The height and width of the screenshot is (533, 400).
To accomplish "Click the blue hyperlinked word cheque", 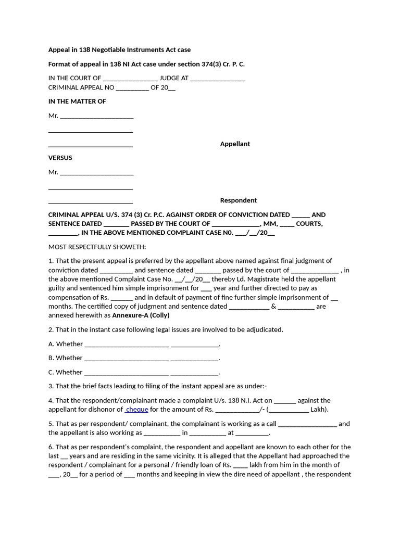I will click(137, 410).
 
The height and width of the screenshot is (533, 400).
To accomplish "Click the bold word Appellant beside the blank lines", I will click(235, 144).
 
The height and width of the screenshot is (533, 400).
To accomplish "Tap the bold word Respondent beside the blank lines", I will click(238, 200).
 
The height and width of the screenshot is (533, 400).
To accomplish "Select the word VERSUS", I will click(60, 158).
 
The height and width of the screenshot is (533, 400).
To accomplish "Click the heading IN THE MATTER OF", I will click(77, 101).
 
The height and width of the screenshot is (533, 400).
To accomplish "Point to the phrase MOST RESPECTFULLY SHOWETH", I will click(97, 247).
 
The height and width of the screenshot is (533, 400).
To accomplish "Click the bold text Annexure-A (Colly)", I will click(141, 315).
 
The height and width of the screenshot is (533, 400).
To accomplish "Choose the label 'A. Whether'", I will click(66, 344).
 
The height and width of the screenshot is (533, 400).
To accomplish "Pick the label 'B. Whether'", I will click(66, 358).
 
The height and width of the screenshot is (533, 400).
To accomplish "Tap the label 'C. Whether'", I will click(66, 372).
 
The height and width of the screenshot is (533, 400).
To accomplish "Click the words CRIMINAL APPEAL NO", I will click(81, 87).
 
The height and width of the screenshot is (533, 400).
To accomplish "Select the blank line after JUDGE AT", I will click(218, 79).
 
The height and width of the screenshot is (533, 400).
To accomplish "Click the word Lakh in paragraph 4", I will click(318, 410).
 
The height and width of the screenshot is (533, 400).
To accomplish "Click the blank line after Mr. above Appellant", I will click(97, 117).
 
